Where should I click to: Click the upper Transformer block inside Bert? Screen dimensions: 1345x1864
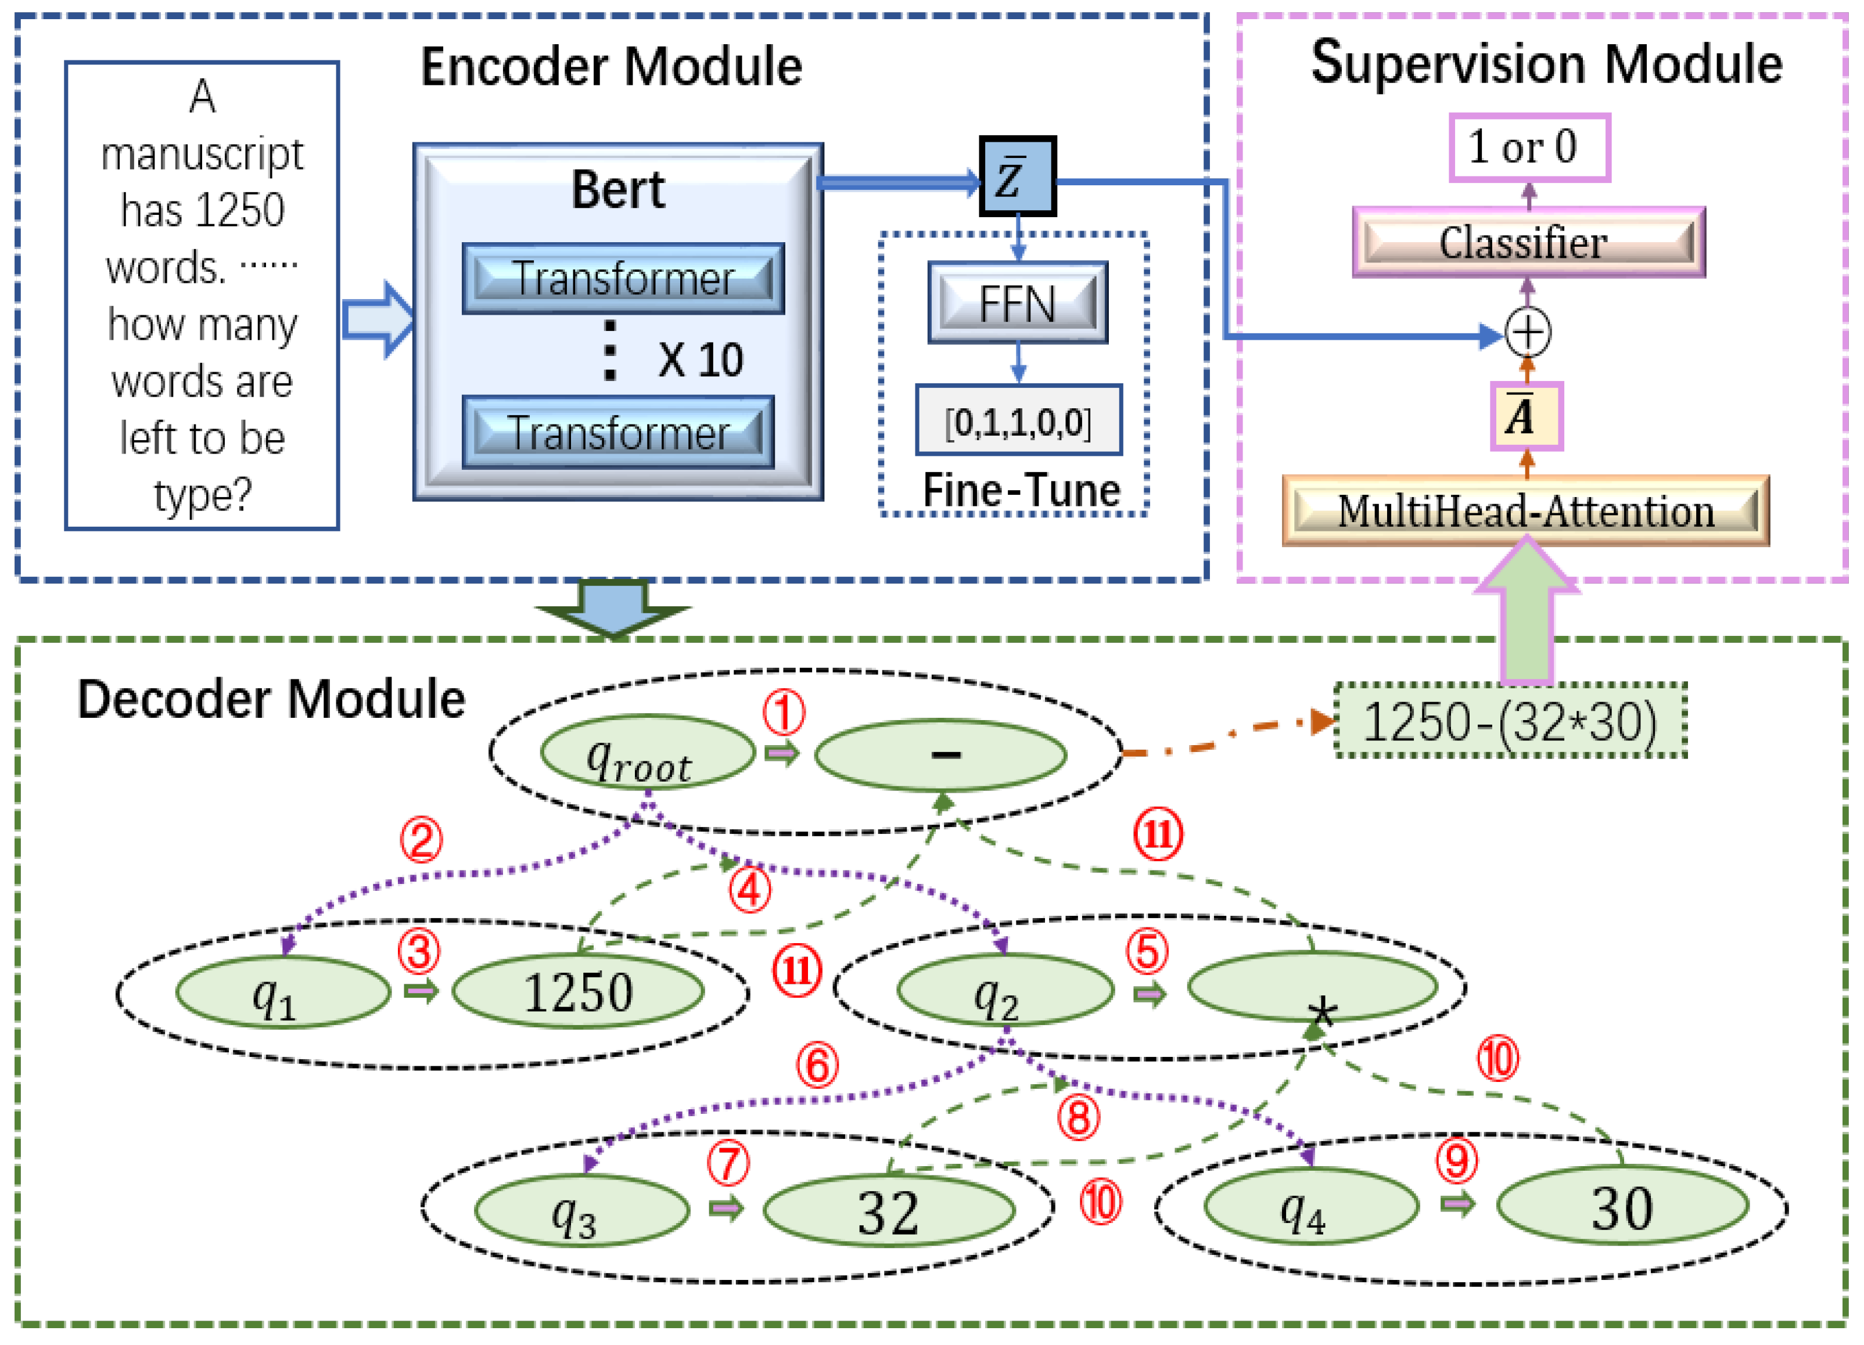[x=622, y=279]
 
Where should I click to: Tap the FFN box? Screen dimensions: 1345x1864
[x=1018, y=303]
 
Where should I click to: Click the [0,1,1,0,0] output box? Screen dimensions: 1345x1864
[x=1018, y=420]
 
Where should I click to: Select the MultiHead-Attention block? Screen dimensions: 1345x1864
[x=1525, y=511]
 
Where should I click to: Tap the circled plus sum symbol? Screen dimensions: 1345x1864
[x=1527, y=333]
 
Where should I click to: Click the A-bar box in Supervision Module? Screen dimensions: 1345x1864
[x=1526, y=416]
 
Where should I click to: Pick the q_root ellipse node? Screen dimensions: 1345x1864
[x=647, y=753]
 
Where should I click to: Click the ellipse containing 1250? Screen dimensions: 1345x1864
[x=578, y=992]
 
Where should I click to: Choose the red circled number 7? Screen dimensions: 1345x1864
[x=728, y=1164]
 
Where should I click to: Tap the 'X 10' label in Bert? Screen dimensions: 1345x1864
[x=699, y=360]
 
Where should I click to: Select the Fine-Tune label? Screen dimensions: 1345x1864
[x=1021, y=491]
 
